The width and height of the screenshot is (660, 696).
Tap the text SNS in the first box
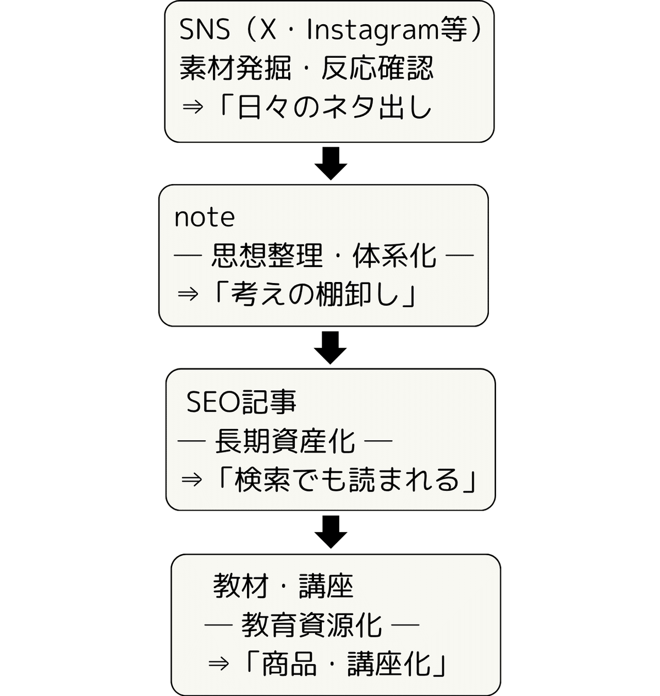point(204,30)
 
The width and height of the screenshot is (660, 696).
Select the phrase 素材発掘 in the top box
point(235,69)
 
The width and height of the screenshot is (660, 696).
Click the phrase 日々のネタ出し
point(334,108)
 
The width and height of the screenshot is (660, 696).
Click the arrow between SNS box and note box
point(331,163)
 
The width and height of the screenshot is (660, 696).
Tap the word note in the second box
point(205,218)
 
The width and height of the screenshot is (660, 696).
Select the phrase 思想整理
point(267,256)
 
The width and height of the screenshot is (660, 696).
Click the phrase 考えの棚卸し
point(315,295)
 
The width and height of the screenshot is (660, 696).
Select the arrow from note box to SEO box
point(331,347)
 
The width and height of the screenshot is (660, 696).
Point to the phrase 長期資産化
point(285,441)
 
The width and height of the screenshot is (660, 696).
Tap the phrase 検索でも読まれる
point(346,480)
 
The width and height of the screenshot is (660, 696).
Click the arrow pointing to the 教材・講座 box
point(331,532)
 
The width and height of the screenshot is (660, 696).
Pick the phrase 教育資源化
point(311,626)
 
